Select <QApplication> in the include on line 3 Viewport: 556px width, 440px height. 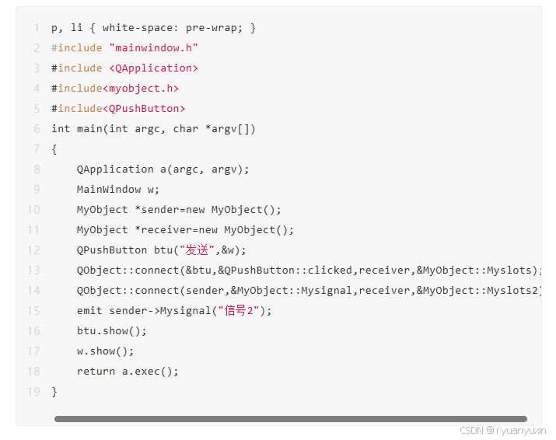pyautogui.click(x=153, y=68)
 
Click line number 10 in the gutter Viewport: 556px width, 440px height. pyautogui.click(x=33, y=210)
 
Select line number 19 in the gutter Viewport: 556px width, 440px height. pyautogui.click(x=33, y=392)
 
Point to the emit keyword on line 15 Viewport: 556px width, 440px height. pyautogui.click(x=89, y=311)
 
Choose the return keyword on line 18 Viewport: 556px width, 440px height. pyautogui.click(x=96, y=372)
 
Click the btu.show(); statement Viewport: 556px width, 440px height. pyautogui.click(x=111, y=331)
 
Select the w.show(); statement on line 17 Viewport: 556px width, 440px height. pyautogui.click(x=105, y=351)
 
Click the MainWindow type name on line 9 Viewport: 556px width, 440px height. pyautogui.click(x=108, y=190)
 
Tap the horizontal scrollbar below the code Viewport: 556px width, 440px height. pyautogui.click(x=290, y=419)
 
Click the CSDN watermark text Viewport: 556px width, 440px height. pyautogui.click(x=502, y=430)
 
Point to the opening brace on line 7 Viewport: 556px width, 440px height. pyautogui.click(x=54, y=149)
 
